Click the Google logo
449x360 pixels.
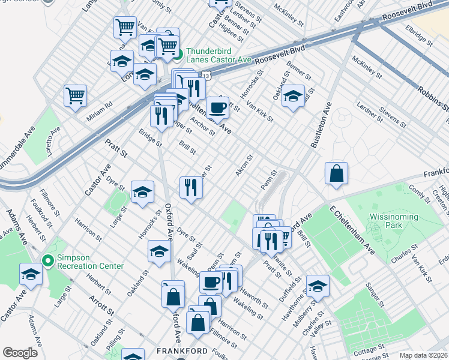20,353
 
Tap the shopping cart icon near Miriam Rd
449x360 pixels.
75,95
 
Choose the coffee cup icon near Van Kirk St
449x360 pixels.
217,108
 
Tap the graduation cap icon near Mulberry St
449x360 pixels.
318,285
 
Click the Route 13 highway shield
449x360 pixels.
205,76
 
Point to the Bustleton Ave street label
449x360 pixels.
321,125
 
